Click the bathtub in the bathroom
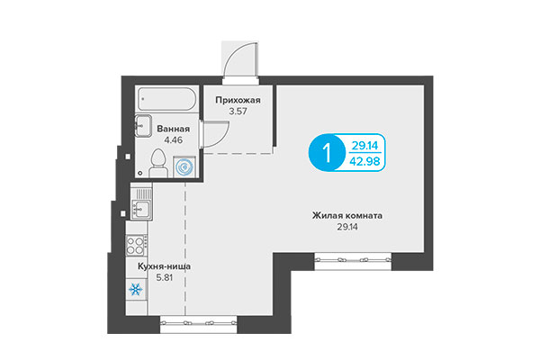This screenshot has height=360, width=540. pyautogui.click(x=169, y=99)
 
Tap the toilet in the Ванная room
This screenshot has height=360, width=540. pyautogui.click(x=158, y=164)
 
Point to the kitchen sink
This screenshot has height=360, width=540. pyautogui.click(x=140, y=210)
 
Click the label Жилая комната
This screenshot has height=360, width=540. pyautogui.click(x=348, y=216)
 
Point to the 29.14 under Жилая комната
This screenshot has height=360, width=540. pyautogui.click(x=348, y=229)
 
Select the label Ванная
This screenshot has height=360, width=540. pyautogui.click(x=173, y=129)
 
